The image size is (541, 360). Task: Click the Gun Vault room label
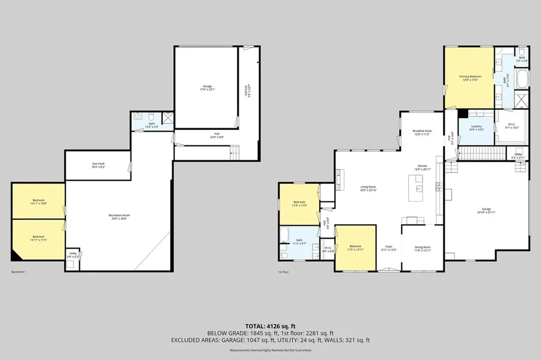[98, 165]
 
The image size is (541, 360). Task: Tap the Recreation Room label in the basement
[119, 217]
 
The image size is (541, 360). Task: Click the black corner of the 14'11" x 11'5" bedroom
[17, 255]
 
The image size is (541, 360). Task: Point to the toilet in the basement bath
[151, 116]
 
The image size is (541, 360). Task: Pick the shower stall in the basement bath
[167, 118]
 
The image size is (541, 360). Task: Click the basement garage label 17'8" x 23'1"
[207, 88]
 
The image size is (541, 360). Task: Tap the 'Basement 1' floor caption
[18, 272]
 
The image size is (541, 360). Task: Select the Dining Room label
[422, 248]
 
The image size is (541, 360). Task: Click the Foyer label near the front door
[389, 248]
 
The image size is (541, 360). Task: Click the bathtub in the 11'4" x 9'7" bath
[284, 234]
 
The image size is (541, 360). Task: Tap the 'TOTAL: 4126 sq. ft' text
[270, 326]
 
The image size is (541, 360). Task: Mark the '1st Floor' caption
[284, 272]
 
